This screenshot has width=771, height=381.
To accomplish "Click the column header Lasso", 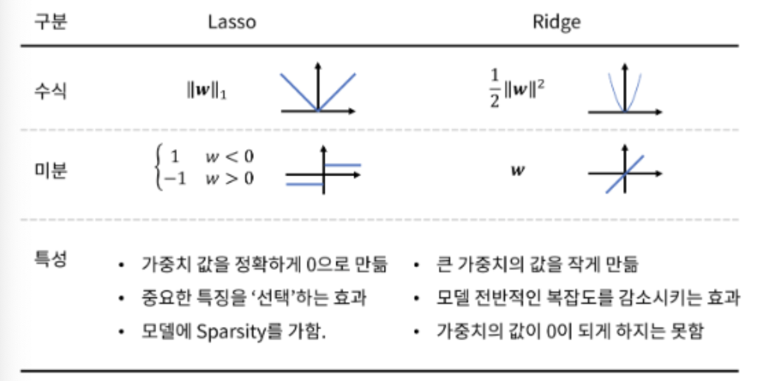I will (x=232, y=22).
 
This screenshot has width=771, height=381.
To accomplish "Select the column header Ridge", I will (x=556, y=22).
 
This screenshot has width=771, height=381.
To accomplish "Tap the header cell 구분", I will (x=51, y=22).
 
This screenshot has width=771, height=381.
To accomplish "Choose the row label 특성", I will (x=51, y=259).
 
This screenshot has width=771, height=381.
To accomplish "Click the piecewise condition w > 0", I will (x=229, y=179).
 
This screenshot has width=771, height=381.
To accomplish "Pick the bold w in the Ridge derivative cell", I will (x=518, y=171).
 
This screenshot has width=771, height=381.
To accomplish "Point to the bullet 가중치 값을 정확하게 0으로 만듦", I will (x=264, y=265).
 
